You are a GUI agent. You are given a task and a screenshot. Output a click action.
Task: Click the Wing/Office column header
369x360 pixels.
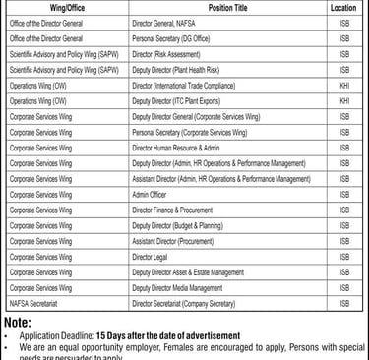click(x=65, y=7)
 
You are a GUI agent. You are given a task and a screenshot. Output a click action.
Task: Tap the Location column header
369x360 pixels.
click(x=343, y=7)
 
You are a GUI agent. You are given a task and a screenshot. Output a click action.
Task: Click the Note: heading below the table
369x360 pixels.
click(x=18, y=322)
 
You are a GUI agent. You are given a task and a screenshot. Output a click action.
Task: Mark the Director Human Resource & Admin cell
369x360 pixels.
click(x=178, y=148)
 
